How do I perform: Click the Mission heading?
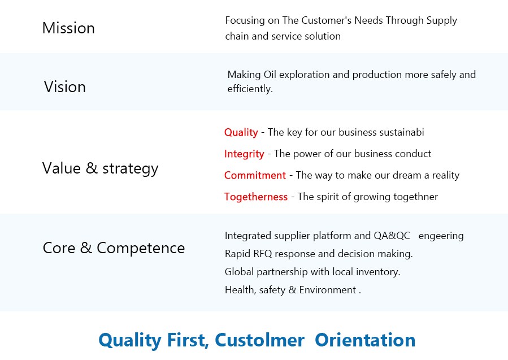point(68,28)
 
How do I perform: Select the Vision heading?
point(65,87)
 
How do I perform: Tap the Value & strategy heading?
point(101,169)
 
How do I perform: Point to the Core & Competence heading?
point(114,248)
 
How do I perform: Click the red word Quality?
point(241,133)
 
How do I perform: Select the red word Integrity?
point(244,154)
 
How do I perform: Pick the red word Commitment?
point(255,175)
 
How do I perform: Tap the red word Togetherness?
point(256,197)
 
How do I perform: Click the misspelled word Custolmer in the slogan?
point(259,340)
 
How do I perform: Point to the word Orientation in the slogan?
point(365,340)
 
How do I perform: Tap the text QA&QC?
point(392,236)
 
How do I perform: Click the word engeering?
point(441,236)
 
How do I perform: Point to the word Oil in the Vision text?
point(270,75)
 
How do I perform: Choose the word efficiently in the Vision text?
point(250,89)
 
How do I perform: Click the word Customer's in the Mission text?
point(326,20)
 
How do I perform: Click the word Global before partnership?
point(239,271)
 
